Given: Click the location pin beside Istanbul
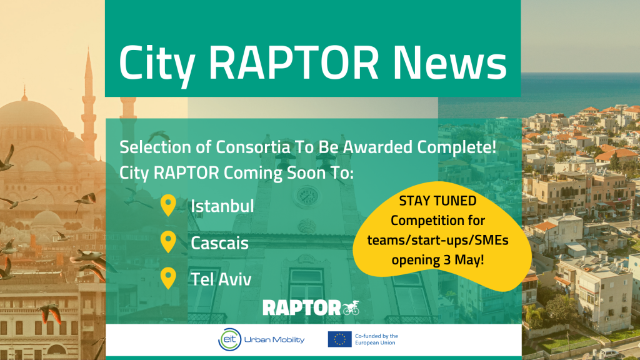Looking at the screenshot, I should (x=168, y=205).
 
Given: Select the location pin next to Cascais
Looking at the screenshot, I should (x=168, y=241).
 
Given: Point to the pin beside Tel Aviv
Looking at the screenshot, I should (x=168, y=278).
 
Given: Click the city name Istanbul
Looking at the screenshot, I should (x=222, y=205).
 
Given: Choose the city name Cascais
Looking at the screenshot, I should (x=219, y=242).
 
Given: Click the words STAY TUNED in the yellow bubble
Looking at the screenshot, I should (x=437, y=202).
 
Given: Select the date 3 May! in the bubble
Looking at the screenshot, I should (x=460, y=259).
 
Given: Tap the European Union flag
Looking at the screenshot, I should (x=339, y=339).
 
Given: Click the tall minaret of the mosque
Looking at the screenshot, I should (x=87, y=100).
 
